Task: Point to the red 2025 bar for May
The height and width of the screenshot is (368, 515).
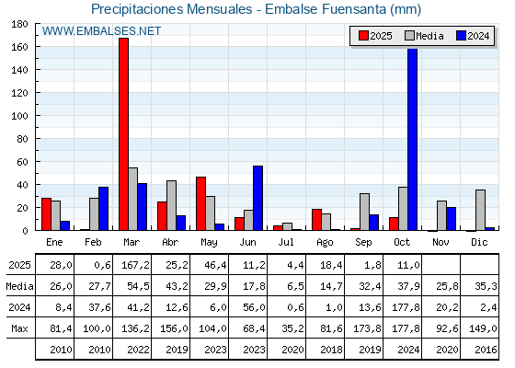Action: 200,203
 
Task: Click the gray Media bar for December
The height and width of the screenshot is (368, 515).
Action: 480,210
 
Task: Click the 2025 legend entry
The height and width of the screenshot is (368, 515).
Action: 373,36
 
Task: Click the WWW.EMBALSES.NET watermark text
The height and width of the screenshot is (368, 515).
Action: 101,31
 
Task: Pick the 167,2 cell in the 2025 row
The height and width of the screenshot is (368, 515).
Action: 132,265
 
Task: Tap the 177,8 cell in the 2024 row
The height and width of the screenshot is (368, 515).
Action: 403,307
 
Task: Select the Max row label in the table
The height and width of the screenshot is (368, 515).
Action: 18,328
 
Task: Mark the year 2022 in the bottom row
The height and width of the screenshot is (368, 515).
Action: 132,350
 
